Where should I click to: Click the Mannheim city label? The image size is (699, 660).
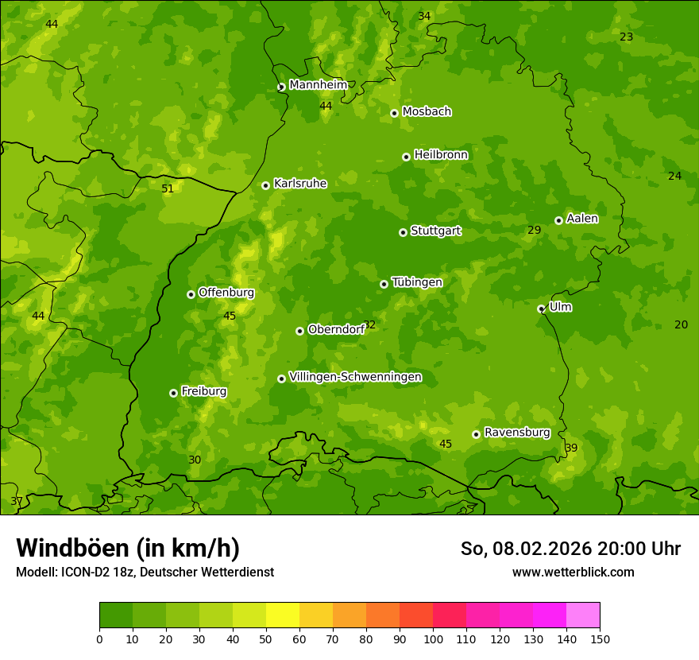[x=318, y=85]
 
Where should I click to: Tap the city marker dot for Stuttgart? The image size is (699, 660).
[x=403, y=232]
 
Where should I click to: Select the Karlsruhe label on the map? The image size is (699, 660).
[x=299, y=184]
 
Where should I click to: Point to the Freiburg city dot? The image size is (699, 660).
[x=173, y=393]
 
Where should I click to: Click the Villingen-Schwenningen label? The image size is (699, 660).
[x=355, y=377]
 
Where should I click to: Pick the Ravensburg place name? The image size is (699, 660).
[x=516, y=433]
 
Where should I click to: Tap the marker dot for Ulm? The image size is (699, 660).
[x=541, y=309]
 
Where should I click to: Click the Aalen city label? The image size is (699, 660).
[x=581, y=219]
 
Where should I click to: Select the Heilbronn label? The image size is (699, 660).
[x=441, y=155]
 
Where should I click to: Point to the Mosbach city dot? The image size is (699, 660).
[x=394, y=113]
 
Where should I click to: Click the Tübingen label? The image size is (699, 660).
[x=416, y=282]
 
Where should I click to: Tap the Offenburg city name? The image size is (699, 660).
[x=226, y=293]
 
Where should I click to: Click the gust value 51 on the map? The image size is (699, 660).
[x=167, y=189]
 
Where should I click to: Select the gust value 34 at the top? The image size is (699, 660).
[x=424, y=17]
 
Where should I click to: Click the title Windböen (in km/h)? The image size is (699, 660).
[x=127, y=548]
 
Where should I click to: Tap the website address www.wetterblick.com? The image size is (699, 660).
[x=573, y=573]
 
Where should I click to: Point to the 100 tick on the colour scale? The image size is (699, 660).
[x=433, y=639]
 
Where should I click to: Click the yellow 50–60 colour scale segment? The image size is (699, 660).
[x=283, y=615]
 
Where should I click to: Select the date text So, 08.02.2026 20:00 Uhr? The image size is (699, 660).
[x=570, y=549]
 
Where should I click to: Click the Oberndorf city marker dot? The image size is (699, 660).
[x=299, y=331]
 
